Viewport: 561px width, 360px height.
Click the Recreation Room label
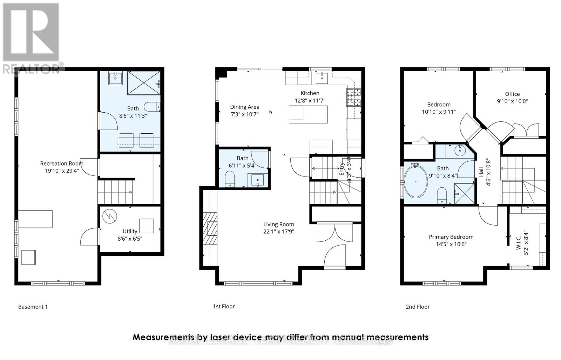coord(62,163)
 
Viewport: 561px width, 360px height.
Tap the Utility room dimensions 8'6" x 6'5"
coord(130,239)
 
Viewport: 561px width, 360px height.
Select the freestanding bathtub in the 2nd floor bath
coord(416,182)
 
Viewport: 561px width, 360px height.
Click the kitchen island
coord(308,114)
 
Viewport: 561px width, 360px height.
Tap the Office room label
coord(512,94)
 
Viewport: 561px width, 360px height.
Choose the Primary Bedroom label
coord(451,237)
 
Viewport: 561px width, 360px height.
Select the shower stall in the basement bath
coord(144,83)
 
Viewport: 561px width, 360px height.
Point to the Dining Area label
coord(244,107)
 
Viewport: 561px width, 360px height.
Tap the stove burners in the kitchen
coord(353,97)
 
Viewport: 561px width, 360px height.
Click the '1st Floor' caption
coord(224,306)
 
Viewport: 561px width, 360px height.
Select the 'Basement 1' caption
coord(33,307)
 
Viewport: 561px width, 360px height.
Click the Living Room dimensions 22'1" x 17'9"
coord(279,232)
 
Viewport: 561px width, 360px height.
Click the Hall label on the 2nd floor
coord(481,172)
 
